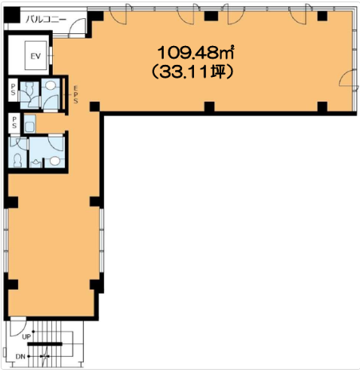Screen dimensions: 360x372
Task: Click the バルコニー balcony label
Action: pos(46,19)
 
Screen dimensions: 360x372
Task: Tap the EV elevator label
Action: pos(35,56)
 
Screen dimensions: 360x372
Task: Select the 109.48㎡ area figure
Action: pos(195,52)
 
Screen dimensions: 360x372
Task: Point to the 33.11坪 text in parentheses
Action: pos(192,72)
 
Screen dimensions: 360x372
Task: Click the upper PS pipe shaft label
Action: pos(13,90)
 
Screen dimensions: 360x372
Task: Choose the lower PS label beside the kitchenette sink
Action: pos(14,122)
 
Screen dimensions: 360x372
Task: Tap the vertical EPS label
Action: pos(75,94)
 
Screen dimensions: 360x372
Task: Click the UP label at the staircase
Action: pos(26,337)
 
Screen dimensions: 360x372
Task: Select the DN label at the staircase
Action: pos(20,356)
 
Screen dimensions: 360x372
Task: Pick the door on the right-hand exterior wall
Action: pos(349,78)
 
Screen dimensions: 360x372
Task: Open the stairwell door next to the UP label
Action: pos(18,326)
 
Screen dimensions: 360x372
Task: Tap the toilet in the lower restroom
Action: pos(17,159)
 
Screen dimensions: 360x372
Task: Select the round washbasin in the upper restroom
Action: pos(51,85)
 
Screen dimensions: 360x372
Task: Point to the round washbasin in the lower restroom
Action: pos(54,161)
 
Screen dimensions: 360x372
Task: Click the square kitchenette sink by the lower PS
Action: pos(30,124)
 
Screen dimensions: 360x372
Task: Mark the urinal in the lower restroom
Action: pos(36,164)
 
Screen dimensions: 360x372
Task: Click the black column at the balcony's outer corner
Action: pos(11,14)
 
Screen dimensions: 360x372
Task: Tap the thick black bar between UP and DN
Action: pos(45,344)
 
